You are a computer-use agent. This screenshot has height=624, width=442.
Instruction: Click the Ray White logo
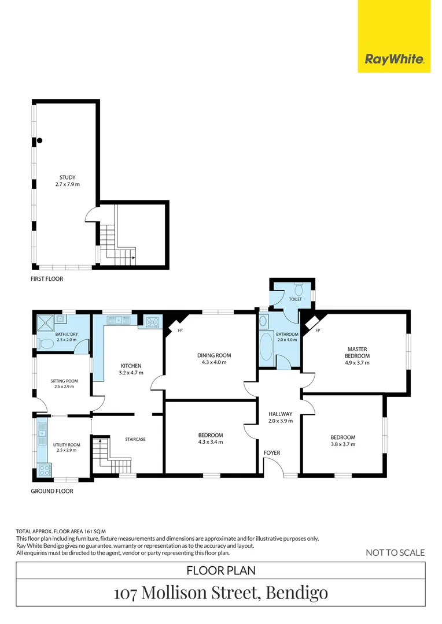tap(394, 58)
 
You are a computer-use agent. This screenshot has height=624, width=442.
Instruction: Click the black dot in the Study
tap(39, 140)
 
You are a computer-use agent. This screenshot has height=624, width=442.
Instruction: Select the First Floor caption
tap(47, 279)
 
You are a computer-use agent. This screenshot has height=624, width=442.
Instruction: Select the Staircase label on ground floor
tap(135, 440)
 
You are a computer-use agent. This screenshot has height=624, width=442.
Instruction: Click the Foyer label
tap(272, 452)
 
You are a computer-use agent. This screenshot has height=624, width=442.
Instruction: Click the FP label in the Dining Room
tap(181, 330)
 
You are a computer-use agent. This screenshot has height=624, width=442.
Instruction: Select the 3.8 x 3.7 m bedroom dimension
tap(343, 444)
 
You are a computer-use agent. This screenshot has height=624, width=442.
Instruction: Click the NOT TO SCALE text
tap(395, 553)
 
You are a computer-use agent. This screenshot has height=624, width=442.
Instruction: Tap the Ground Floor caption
tap(52, 492)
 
